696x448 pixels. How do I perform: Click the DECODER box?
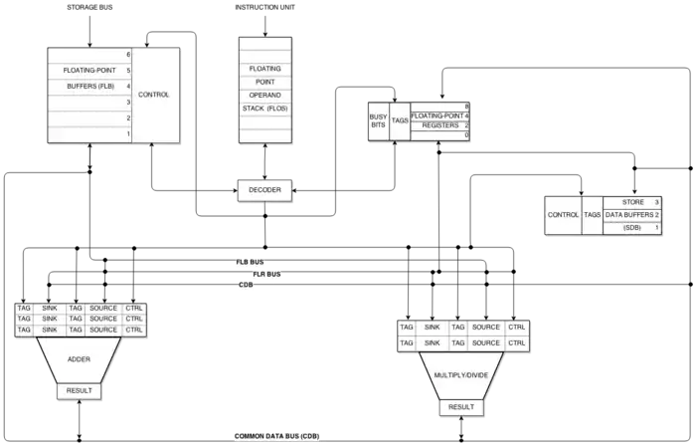tap(264, 188)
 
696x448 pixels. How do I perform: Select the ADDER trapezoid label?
tap(79, 359)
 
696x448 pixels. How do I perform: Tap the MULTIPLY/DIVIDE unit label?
tap(460, 375)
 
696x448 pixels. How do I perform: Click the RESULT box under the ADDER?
tap(79, 390)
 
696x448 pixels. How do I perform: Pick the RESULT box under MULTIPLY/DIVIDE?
tap(460, 407)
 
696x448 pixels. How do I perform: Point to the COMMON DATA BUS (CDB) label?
tap(278, 436)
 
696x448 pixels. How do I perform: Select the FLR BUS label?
tap(266, 273)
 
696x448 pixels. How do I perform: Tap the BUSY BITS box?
tap(378, 120)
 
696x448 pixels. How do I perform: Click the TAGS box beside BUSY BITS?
tap(400, 120)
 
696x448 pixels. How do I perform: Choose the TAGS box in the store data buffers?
tap(592, 215)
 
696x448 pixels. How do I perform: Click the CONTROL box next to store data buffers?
tap(563, 215)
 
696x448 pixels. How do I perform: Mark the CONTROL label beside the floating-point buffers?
tap(154, 95)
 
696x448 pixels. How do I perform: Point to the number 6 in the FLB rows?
tap(128, 54)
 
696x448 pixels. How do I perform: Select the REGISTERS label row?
tap(439, 126)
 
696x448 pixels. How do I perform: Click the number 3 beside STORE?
tap(656, 202)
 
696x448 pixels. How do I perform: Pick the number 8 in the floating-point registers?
tap(466, 105)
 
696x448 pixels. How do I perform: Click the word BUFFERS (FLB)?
tap(89, 87)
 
